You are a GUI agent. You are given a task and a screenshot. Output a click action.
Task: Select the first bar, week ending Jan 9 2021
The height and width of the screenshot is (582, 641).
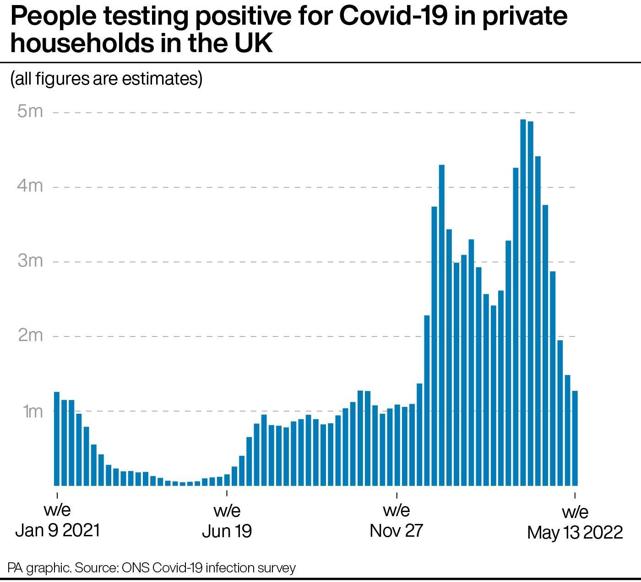pyautogui.click(x=57, y=439)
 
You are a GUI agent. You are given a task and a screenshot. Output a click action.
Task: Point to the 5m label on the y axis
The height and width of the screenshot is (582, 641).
pyautogui.click(x=30, y=112)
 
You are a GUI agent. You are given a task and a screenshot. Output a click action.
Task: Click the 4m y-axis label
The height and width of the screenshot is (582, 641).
pyautogui.click(x=30, y=186)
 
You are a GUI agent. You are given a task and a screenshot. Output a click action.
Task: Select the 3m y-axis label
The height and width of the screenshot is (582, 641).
pyautogui.click(x=30, y=261)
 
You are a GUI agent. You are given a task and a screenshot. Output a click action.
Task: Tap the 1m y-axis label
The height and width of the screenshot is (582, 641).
pyautogui.click(x=32, y=411)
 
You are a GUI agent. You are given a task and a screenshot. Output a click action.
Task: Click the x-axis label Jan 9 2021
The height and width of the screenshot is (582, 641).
pyautogui.click(x=57, y=530)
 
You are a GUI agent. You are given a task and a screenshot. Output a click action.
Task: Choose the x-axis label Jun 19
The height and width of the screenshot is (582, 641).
pyautogui.click(x=227, y=531)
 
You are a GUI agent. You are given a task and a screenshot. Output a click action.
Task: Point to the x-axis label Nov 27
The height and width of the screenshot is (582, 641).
pyautogui.click(x=396, y=530)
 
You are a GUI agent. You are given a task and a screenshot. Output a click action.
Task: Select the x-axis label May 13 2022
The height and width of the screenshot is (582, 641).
pyautogui.click(x=575, y=532)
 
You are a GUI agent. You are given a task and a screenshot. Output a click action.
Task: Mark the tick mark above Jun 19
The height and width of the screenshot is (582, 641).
pyautogui.click(x=227, y=494)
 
